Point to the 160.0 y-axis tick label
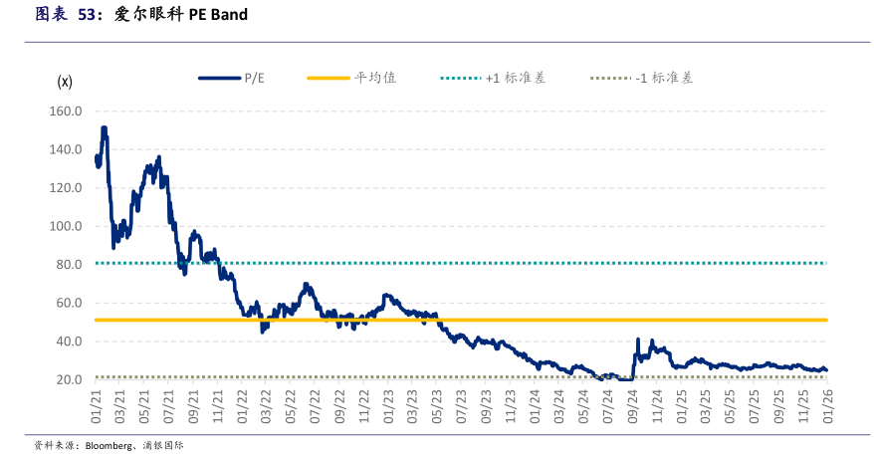(x=65, y=112)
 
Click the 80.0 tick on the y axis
(x=68, y=265)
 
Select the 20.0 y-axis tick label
(x=68, y=380)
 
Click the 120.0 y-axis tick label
(x=65, y=188)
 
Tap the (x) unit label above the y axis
(x=65, y=82)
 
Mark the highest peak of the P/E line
(x=104, y=128)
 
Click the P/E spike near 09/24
(x=638, y=340)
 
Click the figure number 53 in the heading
(x=89, y=15)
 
